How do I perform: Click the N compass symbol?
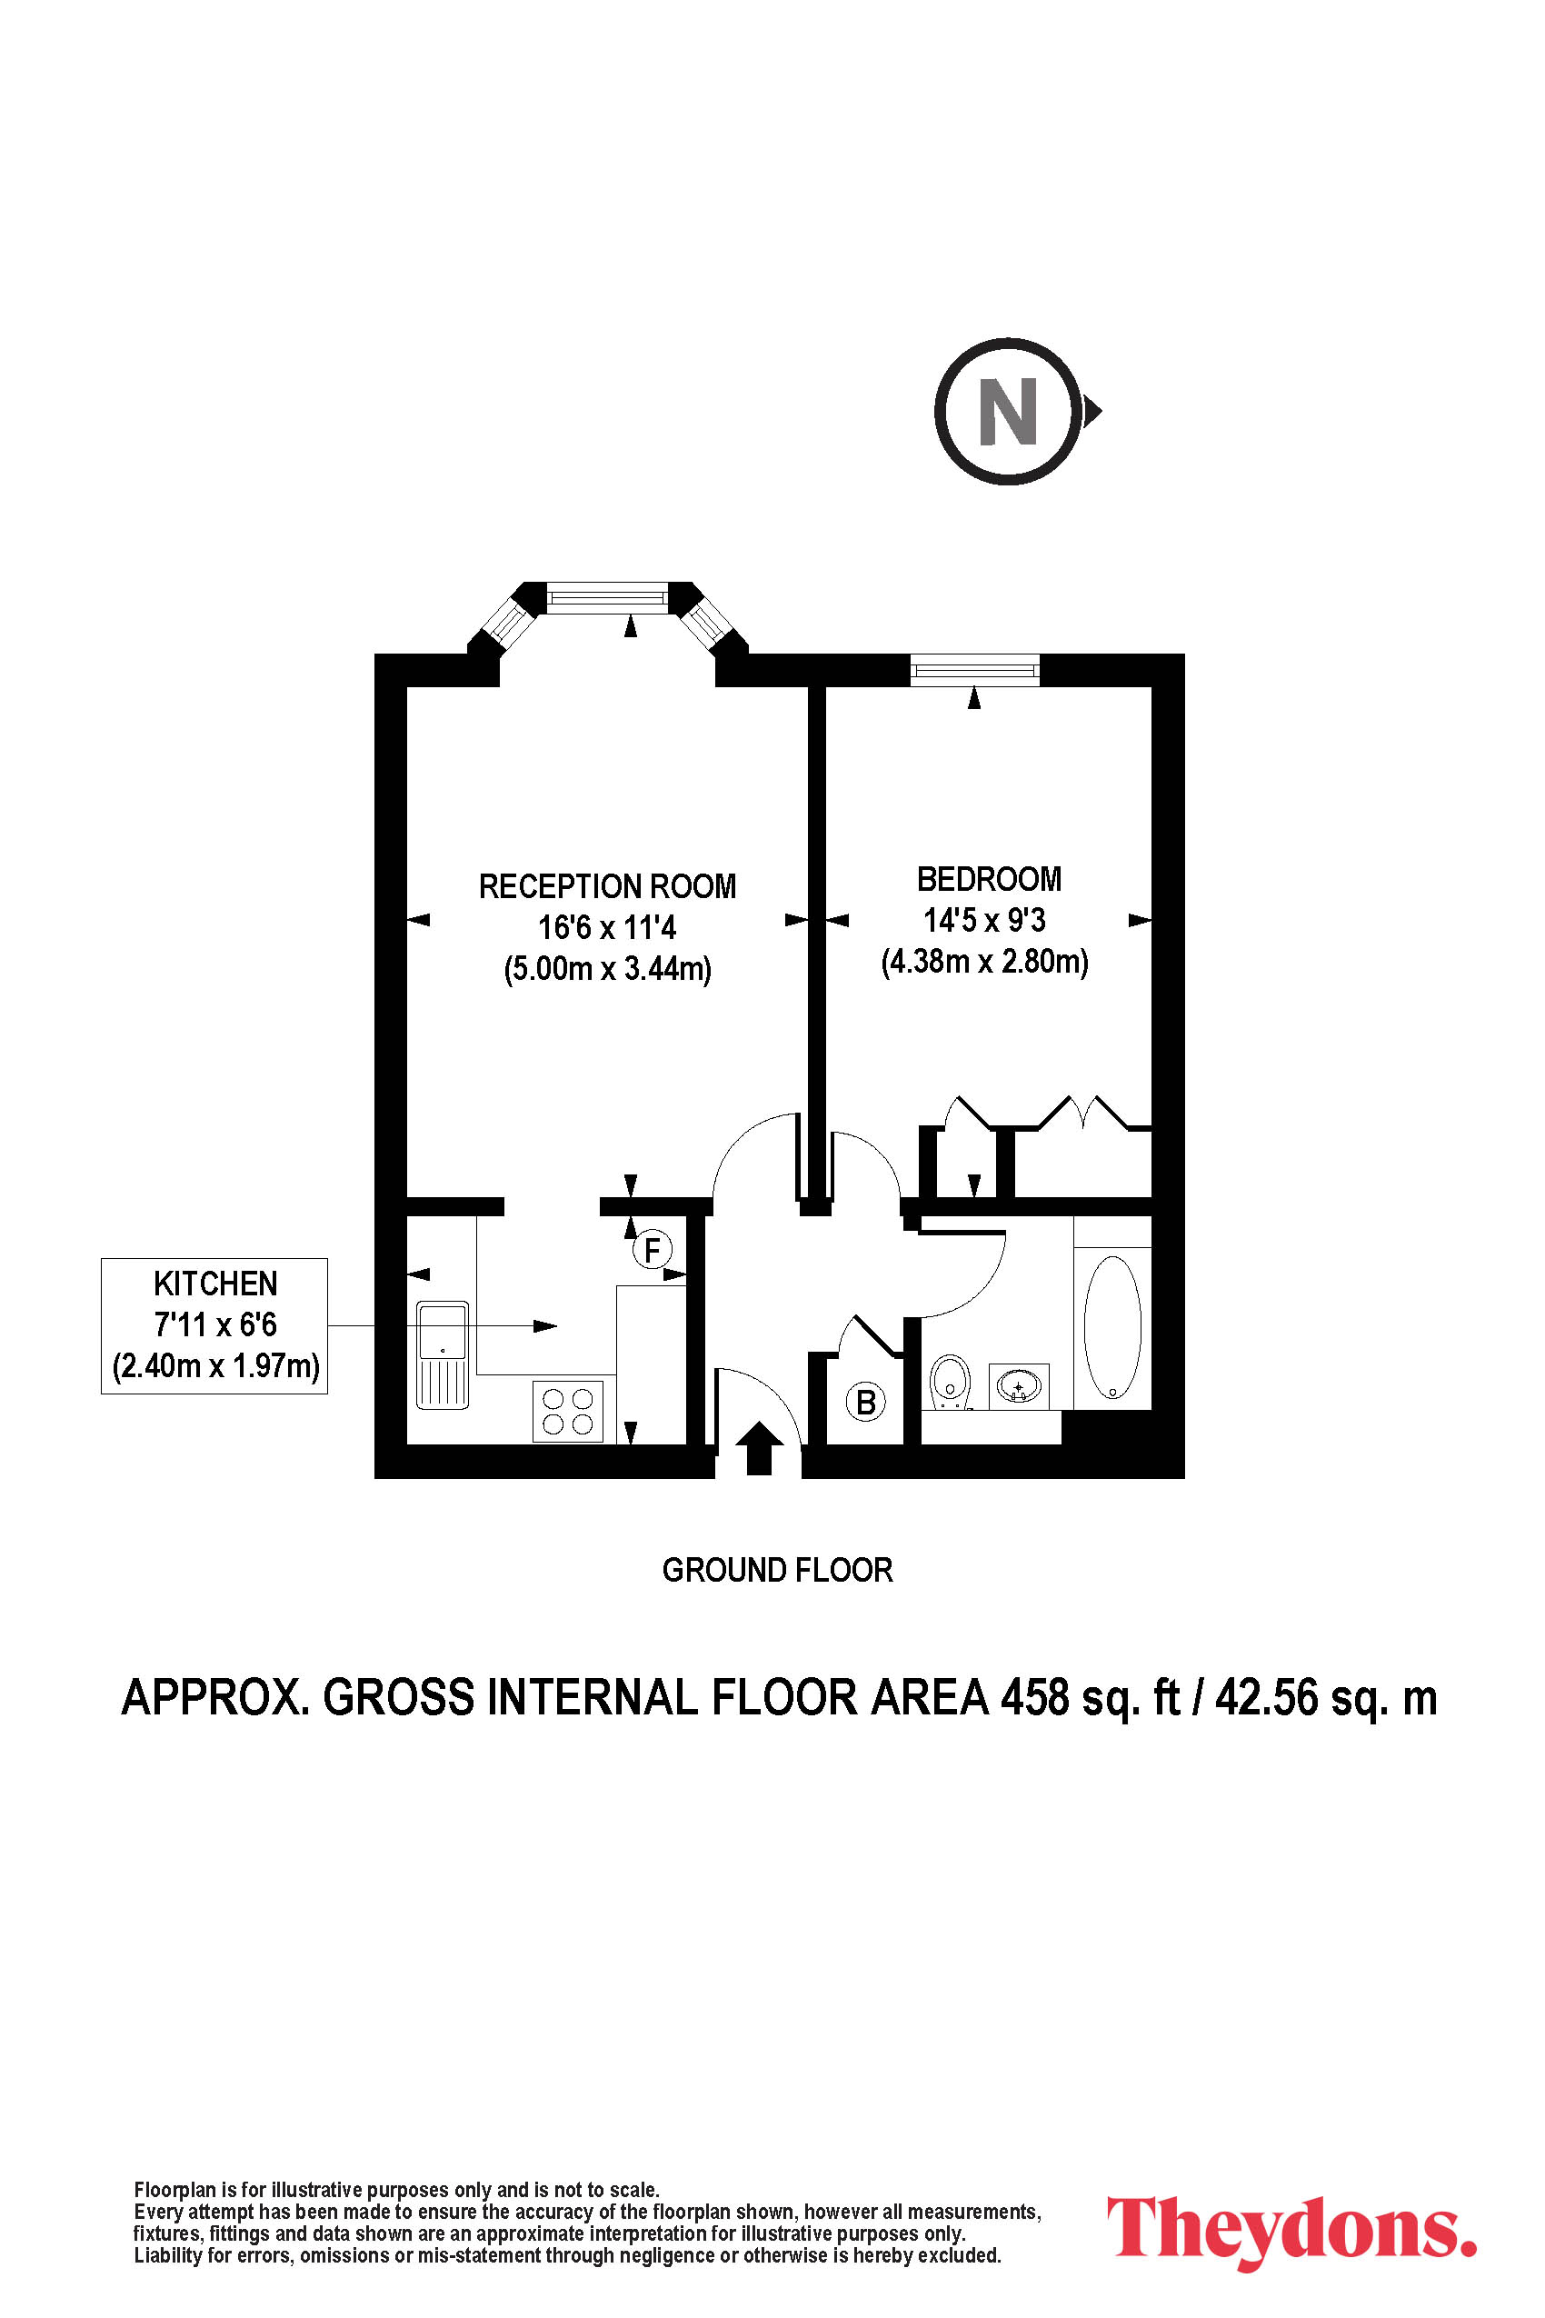[x=1008, y=411]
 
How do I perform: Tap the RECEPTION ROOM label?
[x=607, y=887]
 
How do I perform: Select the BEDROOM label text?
[x=990, y=879]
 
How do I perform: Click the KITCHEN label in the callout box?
[x=214, y=1284]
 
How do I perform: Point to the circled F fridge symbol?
[x=652, y=1250]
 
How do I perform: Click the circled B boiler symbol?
[x=866, y=1402]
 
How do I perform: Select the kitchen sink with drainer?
[x=443, y=1355]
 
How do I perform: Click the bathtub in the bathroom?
[x=1112, y=1327]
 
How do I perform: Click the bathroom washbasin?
[x=1019, y=1386]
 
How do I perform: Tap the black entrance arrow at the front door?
[x=759, y=1448]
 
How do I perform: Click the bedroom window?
[x=975, y=671]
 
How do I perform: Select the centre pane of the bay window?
[x=607, y=597]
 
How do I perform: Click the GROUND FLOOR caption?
[x=777, y=1570]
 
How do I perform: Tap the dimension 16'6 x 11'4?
[x=607, y=927]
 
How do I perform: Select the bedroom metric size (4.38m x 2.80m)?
[x=984, y=961]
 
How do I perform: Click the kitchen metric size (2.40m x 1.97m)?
[x=215, y=1366]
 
